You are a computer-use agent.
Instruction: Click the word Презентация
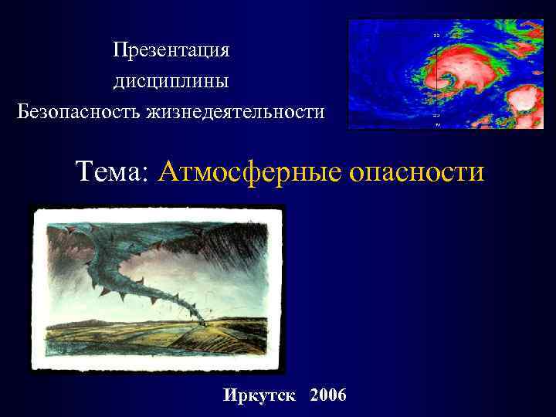click(x=171, y=50)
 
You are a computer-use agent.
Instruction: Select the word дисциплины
click(x=171, y=80)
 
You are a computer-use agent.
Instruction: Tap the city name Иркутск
click(x=259, y=396)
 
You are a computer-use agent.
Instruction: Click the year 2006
click(x=327, y=396)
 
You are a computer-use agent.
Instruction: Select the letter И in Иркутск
click(x=229, y=396)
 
